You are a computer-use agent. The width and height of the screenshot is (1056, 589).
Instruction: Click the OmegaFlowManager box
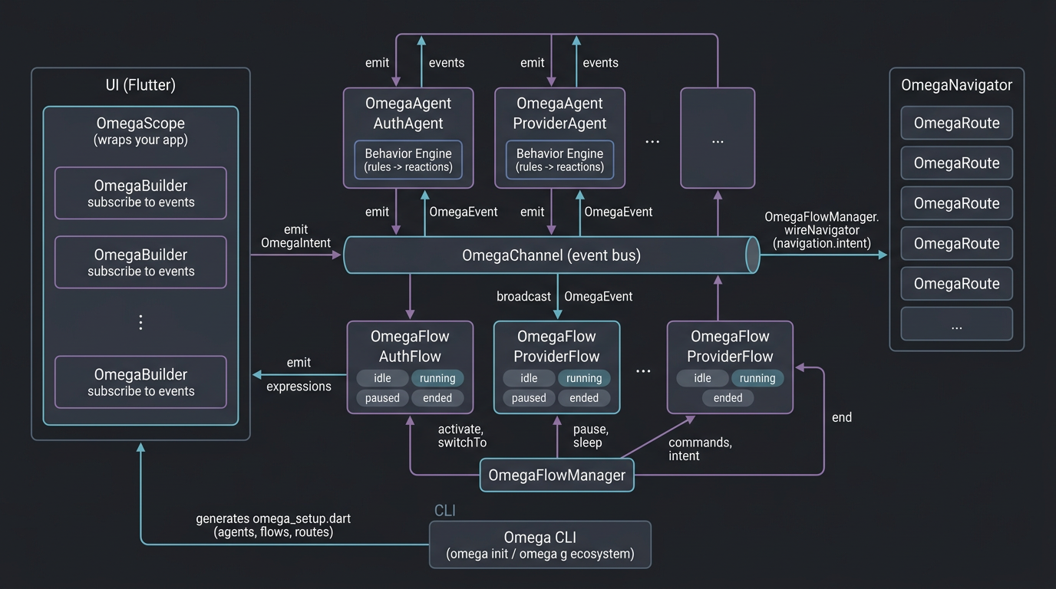point(556,475)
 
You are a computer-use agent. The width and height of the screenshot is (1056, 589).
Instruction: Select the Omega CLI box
point(540,545)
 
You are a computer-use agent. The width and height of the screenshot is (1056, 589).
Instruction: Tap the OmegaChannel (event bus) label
point(551,255)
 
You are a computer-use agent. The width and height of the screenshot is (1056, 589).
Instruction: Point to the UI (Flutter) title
point(140,85)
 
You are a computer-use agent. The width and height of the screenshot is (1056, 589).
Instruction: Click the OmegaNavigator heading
point(956,85)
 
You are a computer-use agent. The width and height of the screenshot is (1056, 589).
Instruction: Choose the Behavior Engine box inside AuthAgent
point(408,160)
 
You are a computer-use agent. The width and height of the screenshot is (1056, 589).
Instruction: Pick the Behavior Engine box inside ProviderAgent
point(559,160)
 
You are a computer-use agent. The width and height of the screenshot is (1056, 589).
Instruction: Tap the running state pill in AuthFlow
point(437,378)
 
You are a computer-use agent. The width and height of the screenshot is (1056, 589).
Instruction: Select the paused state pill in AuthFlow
point(382,398)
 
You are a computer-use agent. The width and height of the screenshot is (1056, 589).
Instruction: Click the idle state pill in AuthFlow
point(382,378)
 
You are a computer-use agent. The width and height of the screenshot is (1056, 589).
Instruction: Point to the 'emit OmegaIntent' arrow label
point(295,236)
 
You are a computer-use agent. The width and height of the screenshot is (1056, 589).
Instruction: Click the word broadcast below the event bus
point(523,296)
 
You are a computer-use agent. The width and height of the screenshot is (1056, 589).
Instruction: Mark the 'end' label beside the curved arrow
point(842,417)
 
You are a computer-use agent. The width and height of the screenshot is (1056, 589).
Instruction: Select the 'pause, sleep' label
point(590,436)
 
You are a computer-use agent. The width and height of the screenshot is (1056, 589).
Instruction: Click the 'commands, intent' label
point(699,449)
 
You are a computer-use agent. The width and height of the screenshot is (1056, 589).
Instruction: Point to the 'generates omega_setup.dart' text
point(273,518)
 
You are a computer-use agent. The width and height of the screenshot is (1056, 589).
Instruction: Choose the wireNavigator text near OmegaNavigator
point(821,230)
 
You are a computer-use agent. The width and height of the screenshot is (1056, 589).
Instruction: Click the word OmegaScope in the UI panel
point(140,123)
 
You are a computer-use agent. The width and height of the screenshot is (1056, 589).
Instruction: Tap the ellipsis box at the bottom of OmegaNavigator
point(956,324)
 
